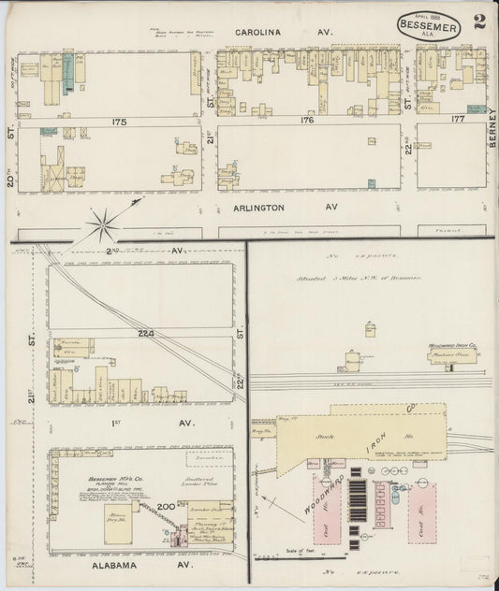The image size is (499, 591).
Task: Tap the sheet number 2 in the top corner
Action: tap(478, 22)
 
